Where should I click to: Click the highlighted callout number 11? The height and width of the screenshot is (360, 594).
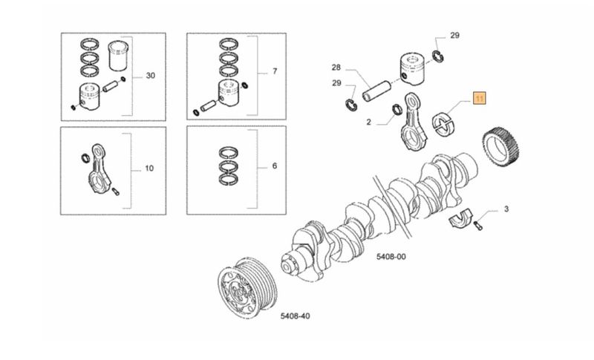(479, 99)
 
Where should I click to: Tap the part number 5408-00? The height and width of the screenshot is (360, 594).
(391, 257)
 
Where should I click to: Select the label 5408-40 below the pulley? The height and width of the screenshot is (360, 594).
(295, 315)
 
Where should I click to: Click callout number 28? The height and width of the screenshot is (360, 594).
(336, 68)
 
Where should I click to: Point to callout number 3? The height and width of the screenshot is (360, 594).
(506, 209)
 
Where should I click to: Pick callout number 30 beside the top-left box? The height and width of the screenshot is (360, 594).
(151, 75)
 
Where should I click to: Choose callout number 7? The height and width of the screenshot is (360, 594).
(275, 71)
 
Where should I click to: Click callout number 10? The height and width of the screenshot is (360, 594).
(149, 168)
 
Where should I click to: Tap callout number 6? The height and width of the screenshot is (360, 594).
(275, 166)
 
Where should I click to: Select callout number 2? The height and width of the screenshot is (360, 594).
(369, 122)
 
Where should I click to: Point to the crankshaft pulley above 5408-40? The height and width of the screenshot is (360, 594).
(247, 288)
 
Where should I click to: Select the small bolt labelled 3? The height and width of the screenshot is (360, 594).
(478, 226)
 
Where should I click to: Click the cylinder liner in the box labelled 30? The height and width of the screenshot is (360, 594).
(119, 55)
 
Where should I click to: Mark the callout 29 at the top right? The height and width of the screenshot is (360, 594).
(454, 35)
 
